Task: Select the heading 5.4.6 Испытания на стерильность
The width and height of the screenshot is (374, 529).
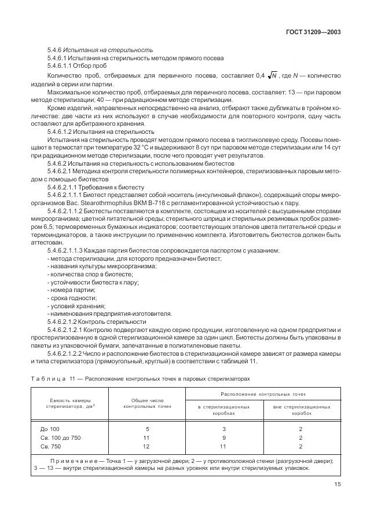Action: [x=100, y=50]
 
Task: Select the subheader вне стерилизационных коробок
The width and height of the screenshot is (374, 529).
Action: [x=301, y=410]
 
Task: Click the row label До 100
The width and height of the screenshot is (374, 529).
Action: [x=50, y=429]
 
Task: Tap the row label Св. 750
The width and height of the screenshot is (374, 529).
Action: [x=50, y=446]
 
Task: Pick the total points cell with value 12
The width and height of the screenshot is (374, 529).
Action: [x=147, y=446]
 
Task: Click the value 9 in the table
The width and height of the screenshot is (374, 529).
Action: [x=224, y=437]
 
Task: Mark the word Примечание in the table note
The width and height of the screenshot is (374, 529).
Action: [x=71, y=461]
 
